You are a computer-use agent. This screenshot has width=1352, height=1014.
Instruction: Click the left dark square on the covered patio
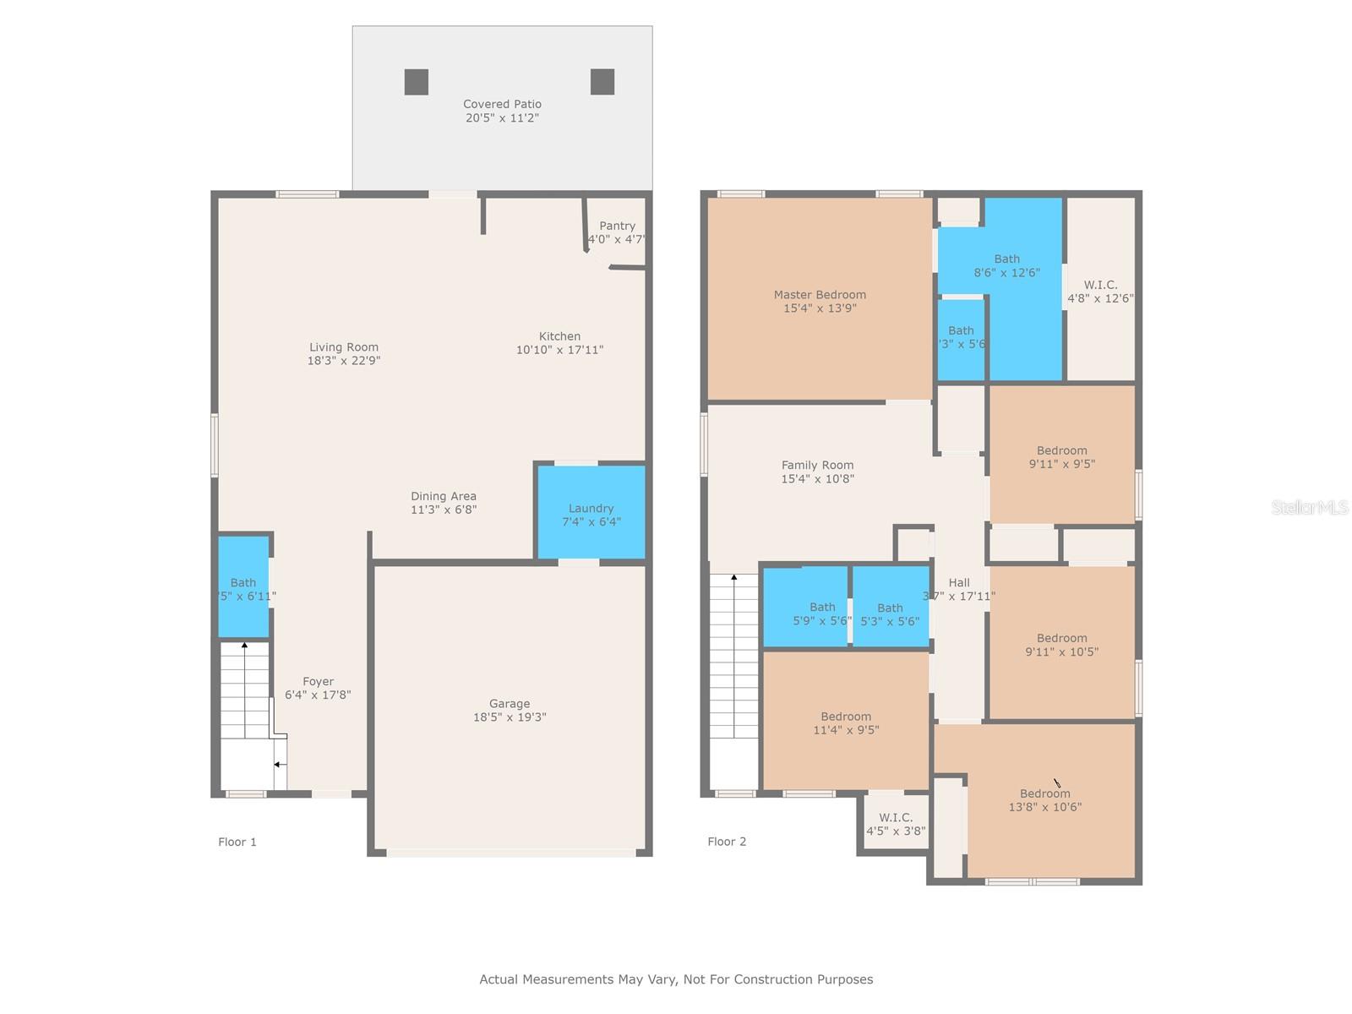point(416,82)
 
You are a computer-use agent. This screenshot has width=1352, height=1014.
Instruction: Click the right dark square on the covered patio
point(602,82)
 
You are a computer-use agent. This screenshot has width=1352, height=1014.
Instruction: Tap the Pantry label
point(617,226)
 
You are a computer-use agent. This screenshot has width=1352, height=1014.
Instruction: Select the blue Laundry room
point(591,514)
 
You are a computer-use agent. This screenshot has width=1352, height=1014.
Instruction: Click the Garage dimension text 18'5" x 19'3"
point(510,717)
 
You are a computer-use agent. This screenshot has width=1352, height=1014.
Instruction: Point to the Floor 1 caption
point(237,842)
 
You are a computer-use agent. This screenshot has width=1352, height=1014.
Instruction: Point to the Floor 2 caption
point(727,842)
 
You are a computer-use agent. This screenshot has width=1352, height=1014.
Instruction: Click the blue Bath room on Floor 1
point(243,587)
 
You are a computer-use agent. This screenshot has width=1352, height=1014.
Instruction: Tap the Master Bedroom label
point(820,295)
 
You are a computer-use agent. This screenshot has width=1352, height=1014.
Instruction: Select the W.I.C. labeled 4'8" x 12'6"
point(1100,291)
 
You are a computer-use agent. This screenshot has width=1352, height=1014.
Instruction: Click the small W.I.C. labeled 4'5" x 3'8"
point(896,823)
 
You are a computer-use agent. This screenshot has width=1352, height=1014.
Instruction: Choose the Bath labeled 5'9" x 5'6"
point(822,613)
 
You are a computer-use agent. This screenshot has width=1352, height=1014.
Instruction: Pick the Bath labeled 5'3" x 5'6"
point(890,613)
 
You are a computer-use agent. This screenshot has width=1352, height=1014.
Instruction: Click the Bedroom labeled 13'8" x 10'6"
point(1045,799)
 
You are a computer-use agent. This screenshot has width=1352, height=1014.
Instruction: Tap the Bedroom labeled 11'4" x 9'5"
point(846,722)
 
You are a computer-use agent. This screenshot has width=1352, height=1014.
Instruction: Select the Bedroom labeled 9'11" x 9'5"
point(1062,456)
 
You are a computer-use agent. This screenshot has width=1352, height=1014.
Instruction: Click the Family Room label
point(817,465)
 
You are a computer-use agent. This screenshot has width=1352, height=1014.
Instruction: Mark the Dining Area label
point(444,496)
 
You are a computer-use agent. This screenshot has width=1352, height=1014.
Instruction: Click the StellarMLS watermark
point(1309,507)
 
